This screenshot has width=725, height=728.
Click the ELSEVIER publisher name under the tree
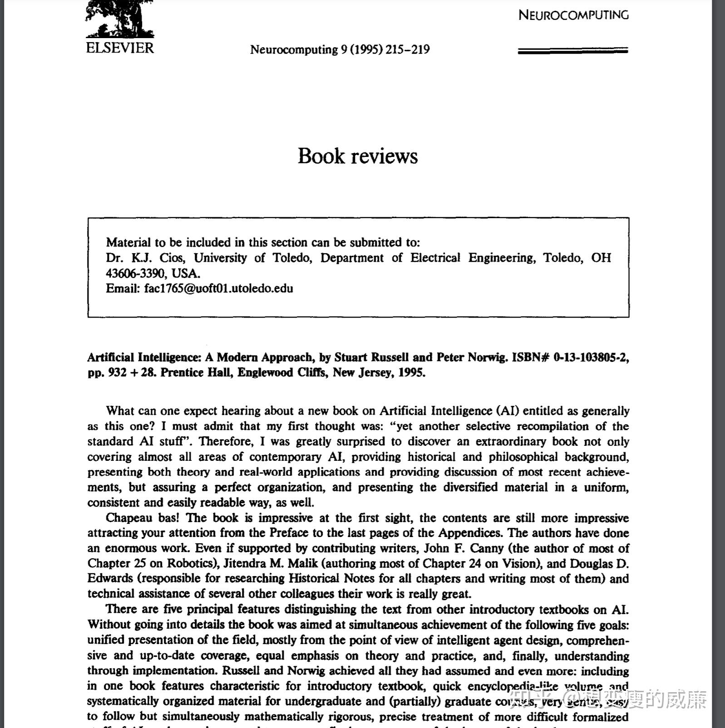coord(120,48)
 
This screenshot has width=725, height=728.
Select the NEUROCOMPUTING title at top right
coord(573,15)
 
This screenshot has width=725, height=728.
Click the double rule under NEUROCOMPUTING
coord(573,51)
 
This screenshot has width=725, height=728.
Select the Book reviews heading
coord(358,156)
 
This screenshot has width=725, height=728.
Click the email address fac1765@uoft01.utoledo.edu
coord(218,288)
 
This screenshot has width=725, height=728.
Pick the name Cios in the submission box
coord(172,258)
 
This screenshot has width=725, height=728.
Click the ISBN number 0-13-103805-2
coord(591,357)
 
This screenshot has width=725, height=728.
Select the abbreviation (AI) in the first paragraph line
coord(506,411)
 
